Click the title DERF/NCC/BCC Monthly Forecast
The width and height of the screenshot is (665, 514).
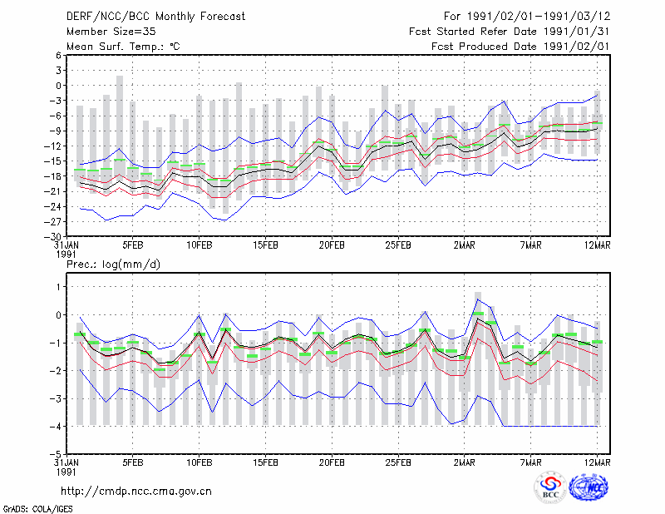click(155, 17)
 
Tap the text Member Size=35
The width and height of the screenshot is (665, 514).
click(111, 32)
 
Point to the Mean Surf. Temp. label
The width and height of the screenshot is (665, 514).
click(123, 47)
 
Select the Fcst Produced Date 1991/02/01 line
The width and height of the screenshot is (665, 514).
click(520, 47)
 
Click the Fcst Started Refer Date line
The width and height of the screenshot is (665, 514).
click(510, 32)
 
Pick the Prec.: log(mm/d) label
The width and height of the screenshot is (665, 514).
click(113, 264)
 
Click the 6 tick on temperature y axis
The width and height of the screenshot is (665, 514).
click(58, 55)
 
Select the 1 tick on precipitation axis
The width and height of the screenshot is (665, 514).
click(58, 287)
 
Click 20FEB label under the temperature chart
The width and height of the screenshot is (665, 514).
click(332, 245)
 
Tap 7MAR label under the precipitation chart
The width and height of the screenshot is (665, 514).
click(531, 462)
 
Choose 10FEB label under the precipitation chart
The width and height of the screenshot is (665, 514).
click(199, 462)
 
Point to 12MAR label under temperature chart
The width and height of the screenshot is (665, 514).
click(597, 245)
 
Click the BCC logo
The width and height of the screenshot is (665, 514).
click(550, 488)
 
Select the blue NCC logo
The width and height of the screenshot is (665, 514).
click(589, 488)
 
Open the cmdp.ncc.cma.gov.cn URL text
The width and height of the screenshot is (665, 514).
click(136, 492)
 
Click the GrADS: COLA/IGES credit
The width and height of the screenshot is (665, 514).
click(37, 509)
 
